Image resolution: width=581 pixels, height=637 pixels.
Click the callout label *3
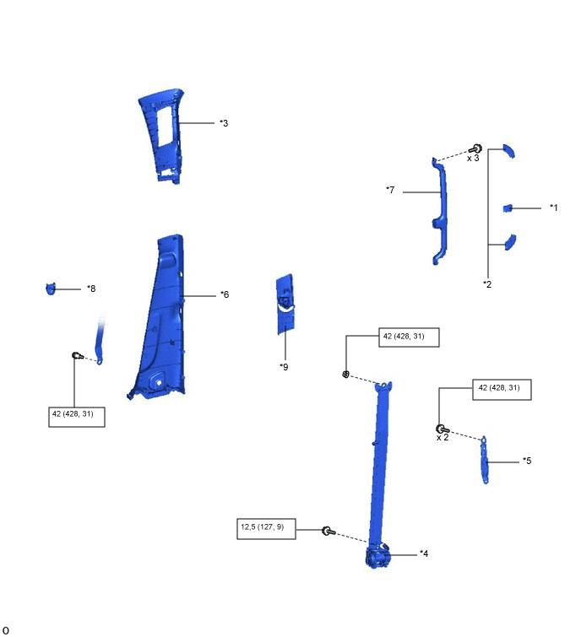tap(224, 123)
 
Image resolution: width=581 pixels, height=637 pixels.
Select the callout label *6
tap(225, 294)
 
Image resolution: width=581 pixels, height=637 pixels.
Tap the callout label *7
tap(390, 190)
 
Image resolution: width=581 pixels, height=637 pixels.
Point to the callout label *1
tap(553, 208)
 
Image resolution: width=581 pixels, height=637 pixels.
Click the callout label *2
tap(487, 284)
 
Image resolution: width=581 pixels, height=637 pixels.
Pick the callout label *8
tap(91, 289)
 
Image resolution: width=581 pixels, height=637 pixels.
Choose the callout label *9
tap(284, 367)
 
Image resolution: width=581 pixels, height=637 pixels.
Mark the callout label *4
tap(424, 553)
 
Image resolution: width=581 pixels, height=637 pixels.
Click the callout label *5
tap(527, 461)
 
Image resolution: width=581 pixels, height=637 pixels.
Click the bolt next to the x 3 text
tap(475, 149)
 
